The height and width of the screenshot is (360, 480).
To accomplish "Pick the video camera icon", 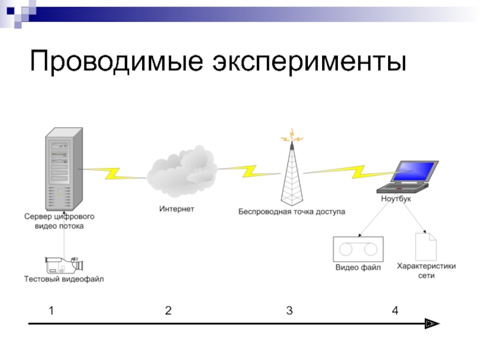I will tap(63, 265).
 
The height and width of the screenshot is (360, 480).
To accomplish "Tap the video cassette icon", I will tap(358, 249).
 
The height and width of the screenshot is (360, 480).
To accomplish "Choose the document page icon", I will tap(426, 246).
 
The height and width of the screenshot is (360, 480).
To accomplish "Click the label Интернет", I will tap(176, 209).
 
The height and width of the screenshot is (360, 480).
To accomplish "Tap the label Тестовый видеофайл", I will tap(64, 279).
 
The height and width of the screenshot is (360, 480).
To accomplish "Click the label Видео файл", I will tap(358, 268).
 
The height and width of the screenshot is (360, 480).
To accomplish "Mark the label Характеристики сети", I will tap(426, 270).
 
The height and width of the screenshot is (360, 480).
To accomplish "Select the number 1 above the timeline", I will tap(52, 311).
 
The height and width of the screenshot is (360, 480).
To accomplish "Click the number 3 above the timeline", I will tap(289, 311).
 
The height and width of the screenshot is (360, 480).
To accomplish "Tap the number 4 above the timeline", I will tap(394, 311).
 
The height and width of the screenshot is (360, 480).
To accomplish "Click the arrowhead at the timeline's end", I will tap(432, 324).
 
